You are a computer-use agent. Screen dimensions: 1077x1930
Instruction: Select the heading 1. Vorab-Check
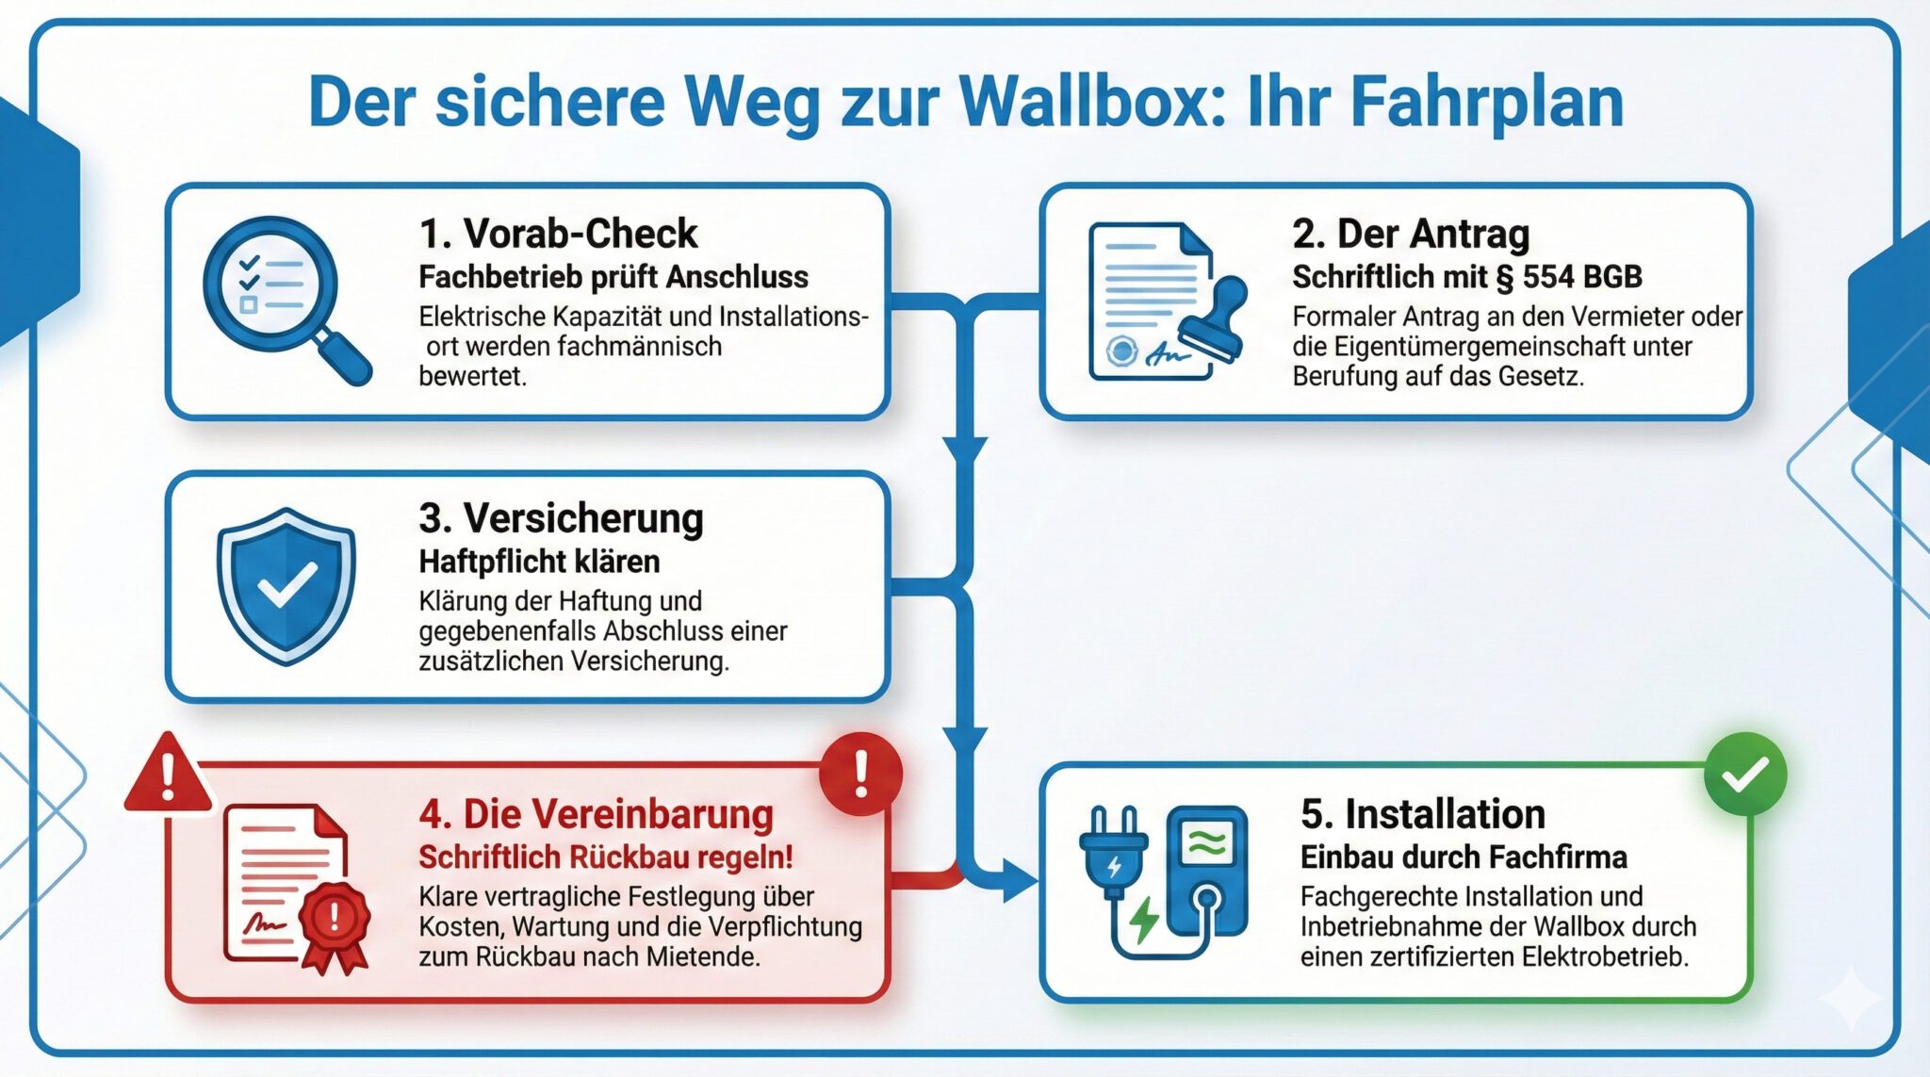pyautogui.click(x=558, y=234)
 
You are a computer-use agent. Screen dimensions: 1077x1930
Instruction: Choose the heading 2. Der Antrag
pyautogui.click(x=1411, y=234)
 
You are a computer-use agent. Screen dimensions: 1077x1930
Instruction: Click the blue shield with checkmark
pyautogui.click(x=286, y=584)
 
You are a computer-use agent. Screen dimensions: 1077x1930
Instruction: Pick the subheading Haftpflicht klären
pyautogui.click(x=539, y=562)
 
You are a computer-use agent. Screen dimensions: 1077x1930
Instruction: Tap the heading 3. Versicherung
pyautogui.click(x=561, y=518)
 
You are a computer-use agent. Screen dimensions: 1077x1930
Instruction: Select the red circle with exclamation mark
pyautogui.click(x=860, y=774)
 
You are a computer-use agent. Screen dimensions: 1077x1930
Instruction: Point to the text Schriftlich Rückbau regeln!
pyautogui.click(x=606, y=857)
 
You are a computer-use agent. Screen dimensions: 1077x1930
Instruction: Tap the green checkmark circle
pyautogui.click(x=1745, y=775)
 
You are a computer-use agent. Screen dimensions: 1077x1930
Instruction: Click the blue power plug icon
pyautogui.click(x=1114, y=853)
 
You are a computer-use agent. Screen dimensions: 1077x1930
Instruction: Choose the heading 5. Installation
pyautogui.click(x=1423, y=814)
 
